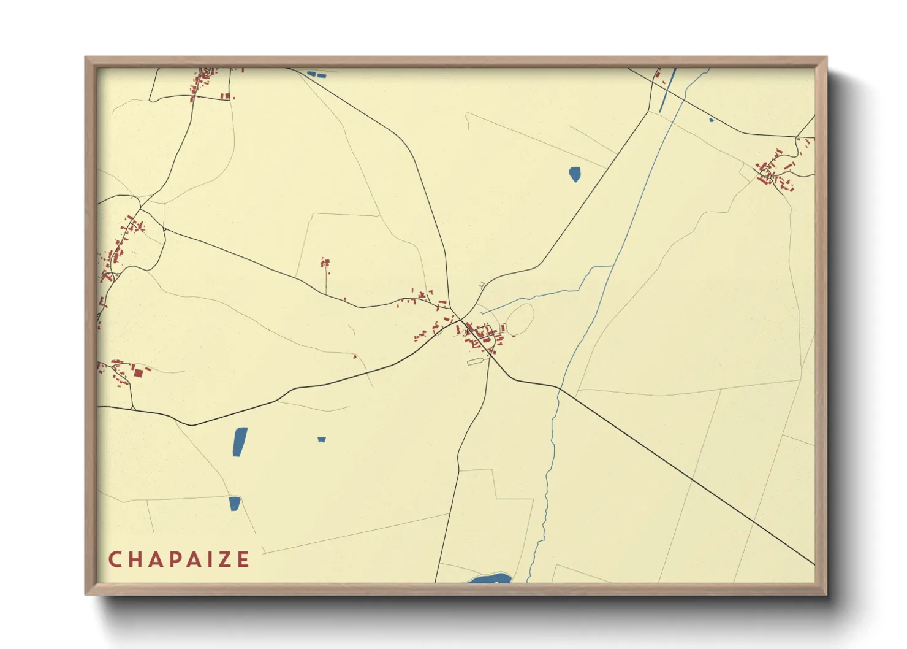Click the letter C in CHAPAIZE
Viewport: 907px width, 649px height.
114,559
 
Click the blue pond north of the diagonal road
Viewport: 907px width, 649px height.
574,174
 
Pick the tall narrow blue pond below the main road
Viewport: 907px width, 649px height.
240,442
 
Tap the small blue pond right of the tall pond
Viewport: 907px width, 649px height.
322,439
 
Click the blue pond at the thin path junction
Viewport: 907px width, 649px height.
234,504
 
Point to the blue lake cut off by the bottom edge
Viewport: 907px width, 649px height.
490,578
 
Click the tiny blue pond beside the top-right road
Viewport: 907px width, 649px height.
711,120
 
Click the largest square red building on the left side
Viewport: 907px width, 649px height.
139,372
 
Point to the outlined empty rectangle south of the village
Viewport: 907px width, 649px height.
476,362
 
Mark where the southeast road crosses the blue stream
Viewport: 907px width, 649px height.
560,388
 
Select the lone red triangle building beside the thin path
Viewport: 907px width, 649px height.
354,356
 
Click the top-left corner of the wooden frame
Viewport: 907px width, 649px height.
86,58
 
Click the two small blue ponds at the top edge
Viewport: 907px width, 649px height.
316,75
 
